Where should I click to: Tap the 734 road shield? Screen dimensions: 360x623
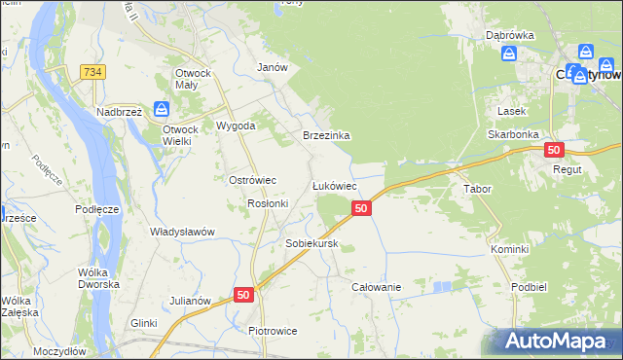tap(93, 73)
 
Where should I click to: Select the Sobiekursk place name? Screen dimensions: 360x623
tap(311, 243)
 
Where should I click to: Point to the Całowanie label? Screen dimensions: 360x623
tap(377, 287)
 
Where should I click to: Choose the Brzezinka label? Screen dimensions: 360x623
tap(326, 136)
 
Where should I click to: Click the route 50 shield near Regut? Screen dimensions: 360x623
tap(554, 150)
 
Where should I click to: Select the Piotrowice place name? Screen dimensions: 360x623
tap(273, 331)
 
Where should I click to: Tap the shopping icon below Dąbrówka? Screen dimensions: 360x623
tap(508, 54)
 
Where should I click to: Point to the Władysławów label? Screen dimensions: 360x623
tap(182, 232)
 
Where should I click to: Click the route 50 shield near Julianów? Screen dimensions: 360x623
tap(243, 294)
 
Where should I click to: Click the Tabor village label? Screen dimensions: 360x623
tap(477, 189)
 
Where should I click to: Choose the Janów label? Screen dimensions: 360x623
tap(272, 67)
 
